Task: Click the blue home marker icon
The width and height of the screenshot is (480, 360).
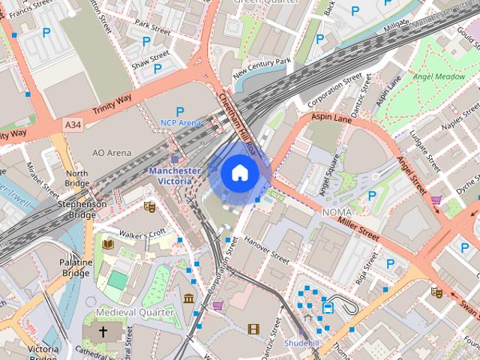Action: pyautogui.click(x=238, y=173)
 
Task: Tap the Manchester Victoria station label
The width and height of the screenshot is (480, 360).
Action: pyautogui.click(x=174, y=175)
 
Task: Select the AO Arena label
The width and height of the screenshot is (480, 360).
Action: pyautogui.click(x=112, y=153)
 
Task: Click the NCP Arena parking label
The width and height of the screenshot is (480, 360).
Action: pyautogui.click(x=181, y=122)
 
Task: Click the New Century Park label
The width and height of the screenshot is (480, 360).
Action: pyautogui.click(x=262, y=67)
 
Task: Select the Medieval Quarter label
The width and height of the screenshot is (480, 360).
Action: pyautogui.click(x=134, y=312)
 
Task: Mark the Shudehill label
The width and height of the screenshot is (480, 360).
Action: pyautogui.click(x=302, y=342)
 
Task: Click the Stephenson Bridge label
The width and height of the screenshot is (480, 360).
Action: pyautogui.click(x=82, y=208)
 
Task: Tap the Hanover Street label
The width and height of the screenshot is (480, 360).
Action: pyautogui.click(x=266, y=250)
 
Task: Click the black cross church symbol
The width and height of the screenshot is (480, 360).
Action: pyautogui.click(x=103, y=331)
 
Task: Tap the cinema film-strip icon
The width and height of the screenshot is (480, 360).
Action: pyautogui.click(x=253, y=328)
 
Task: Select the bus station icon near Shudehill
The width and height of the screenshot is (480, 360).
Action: pyautogui.click(x=328, y=307)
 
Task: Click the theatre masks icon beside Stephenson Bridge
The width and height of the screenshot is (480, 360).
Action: pyautogui.click(x=148, y=205)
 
